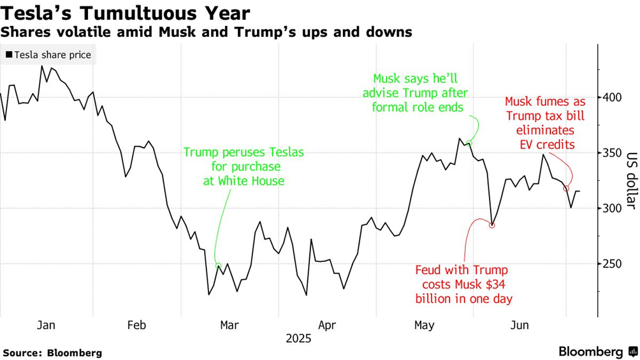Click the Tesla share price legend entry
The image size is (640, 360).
click(x=48, y=55)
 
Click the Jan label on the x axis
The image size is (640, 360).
click(x=46, y=325)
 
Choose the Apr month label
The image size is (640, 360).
click(x=327, y=325)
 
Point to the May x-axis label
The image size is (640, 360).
click(x=424, y=325)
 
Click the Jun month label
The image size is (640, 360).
click(x=520, y=325)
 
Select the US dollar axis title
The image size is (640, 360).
click(x=631, y=180)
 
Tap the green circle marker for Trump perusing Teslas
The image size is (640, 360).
click(x=219, y=266)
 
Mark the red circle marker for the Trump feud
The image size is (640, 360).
click(x=492, y=225)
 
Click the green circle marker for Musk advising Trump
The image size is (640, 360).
click(x=469, y=143)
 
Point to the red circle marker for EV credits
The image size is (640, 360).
click(x=566, y=189)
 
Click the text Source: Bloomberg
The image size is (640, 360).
click(x=52, y=352)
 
